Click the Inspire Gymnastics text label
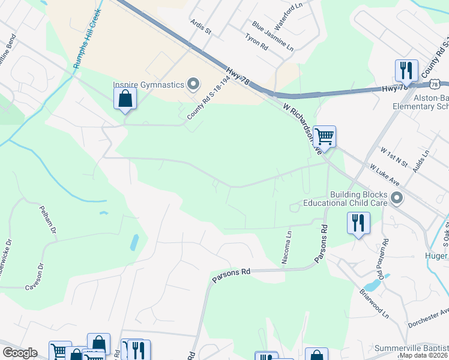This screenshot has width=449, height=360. [148, 85]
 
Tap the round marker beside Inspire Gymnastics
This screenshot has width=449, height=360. [193, 84]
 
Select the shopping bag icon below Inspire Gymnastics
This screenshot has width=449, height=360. [125, 98]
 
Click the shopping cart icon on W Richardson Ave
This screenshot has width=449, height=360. [324, 136]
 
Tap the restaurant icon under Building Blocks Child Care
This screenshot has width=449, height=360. [358, 223]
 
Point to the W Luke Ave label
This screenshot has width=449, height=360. [385, 176]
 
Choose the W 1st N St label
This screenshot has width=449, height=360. [393, 161]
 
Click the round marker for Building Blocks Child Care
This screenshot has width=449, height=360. [397, 197]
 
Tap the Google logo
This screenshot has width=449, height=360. [20, 353]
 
